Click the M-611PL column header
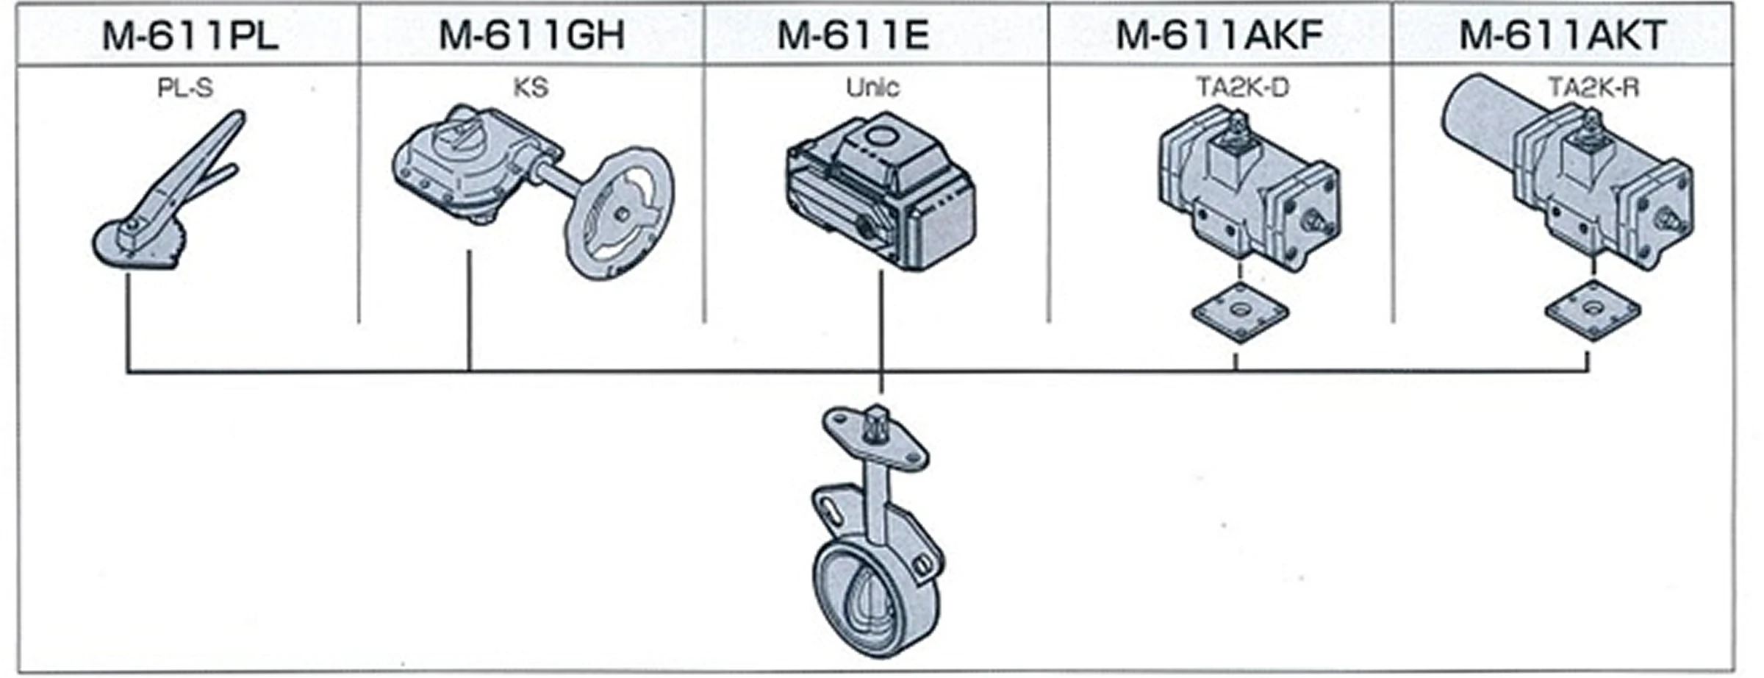(x=190, y=35)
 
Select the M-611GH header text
(x=532, y=35)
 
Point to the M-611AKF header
(x=1220, y=35)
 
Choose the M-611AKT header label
(x=1563, y=35)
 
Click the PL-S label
(x=185, y=88)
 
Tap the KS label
(x=531, y=88)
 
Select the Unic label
(x=872, y=88)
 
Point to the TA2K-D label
(x=1242, y=88)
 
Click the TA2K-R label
(x=1593, y=88)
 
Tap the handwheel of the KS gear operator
(x=621, y=213)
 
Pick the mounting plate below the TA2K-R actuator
(x=1593, y=310)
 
